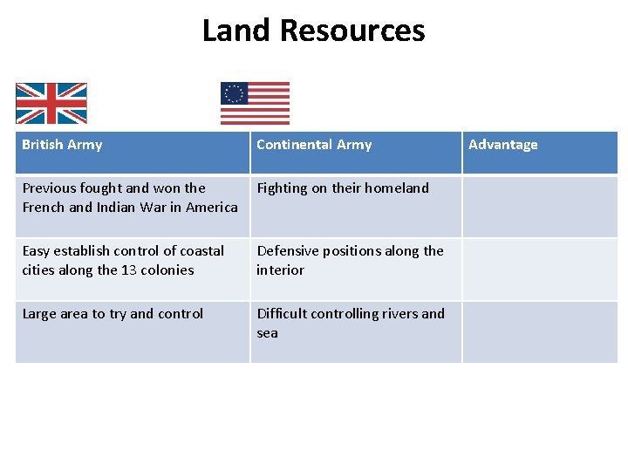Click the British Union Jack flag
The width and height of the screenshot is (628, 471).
(x=51, y=104)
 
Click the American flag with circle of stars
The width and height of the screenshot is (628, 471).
(x=255, y=104)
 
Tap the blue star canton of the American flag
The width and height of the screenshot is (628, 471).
(x=234, y=93)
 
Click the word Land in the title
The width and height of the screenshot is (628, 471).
(x=238, y=31)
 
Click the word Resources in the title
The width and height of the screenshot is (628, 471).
(x=353, y=31)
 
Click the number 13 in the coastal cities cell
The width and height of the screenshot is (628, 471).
(x=130, y=270)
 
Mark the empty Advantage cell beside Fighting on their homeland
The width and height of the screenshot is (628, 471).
(x=539, y=207)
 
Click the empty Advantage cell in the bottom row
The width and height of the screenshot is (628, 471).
(x=539, y=331)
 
